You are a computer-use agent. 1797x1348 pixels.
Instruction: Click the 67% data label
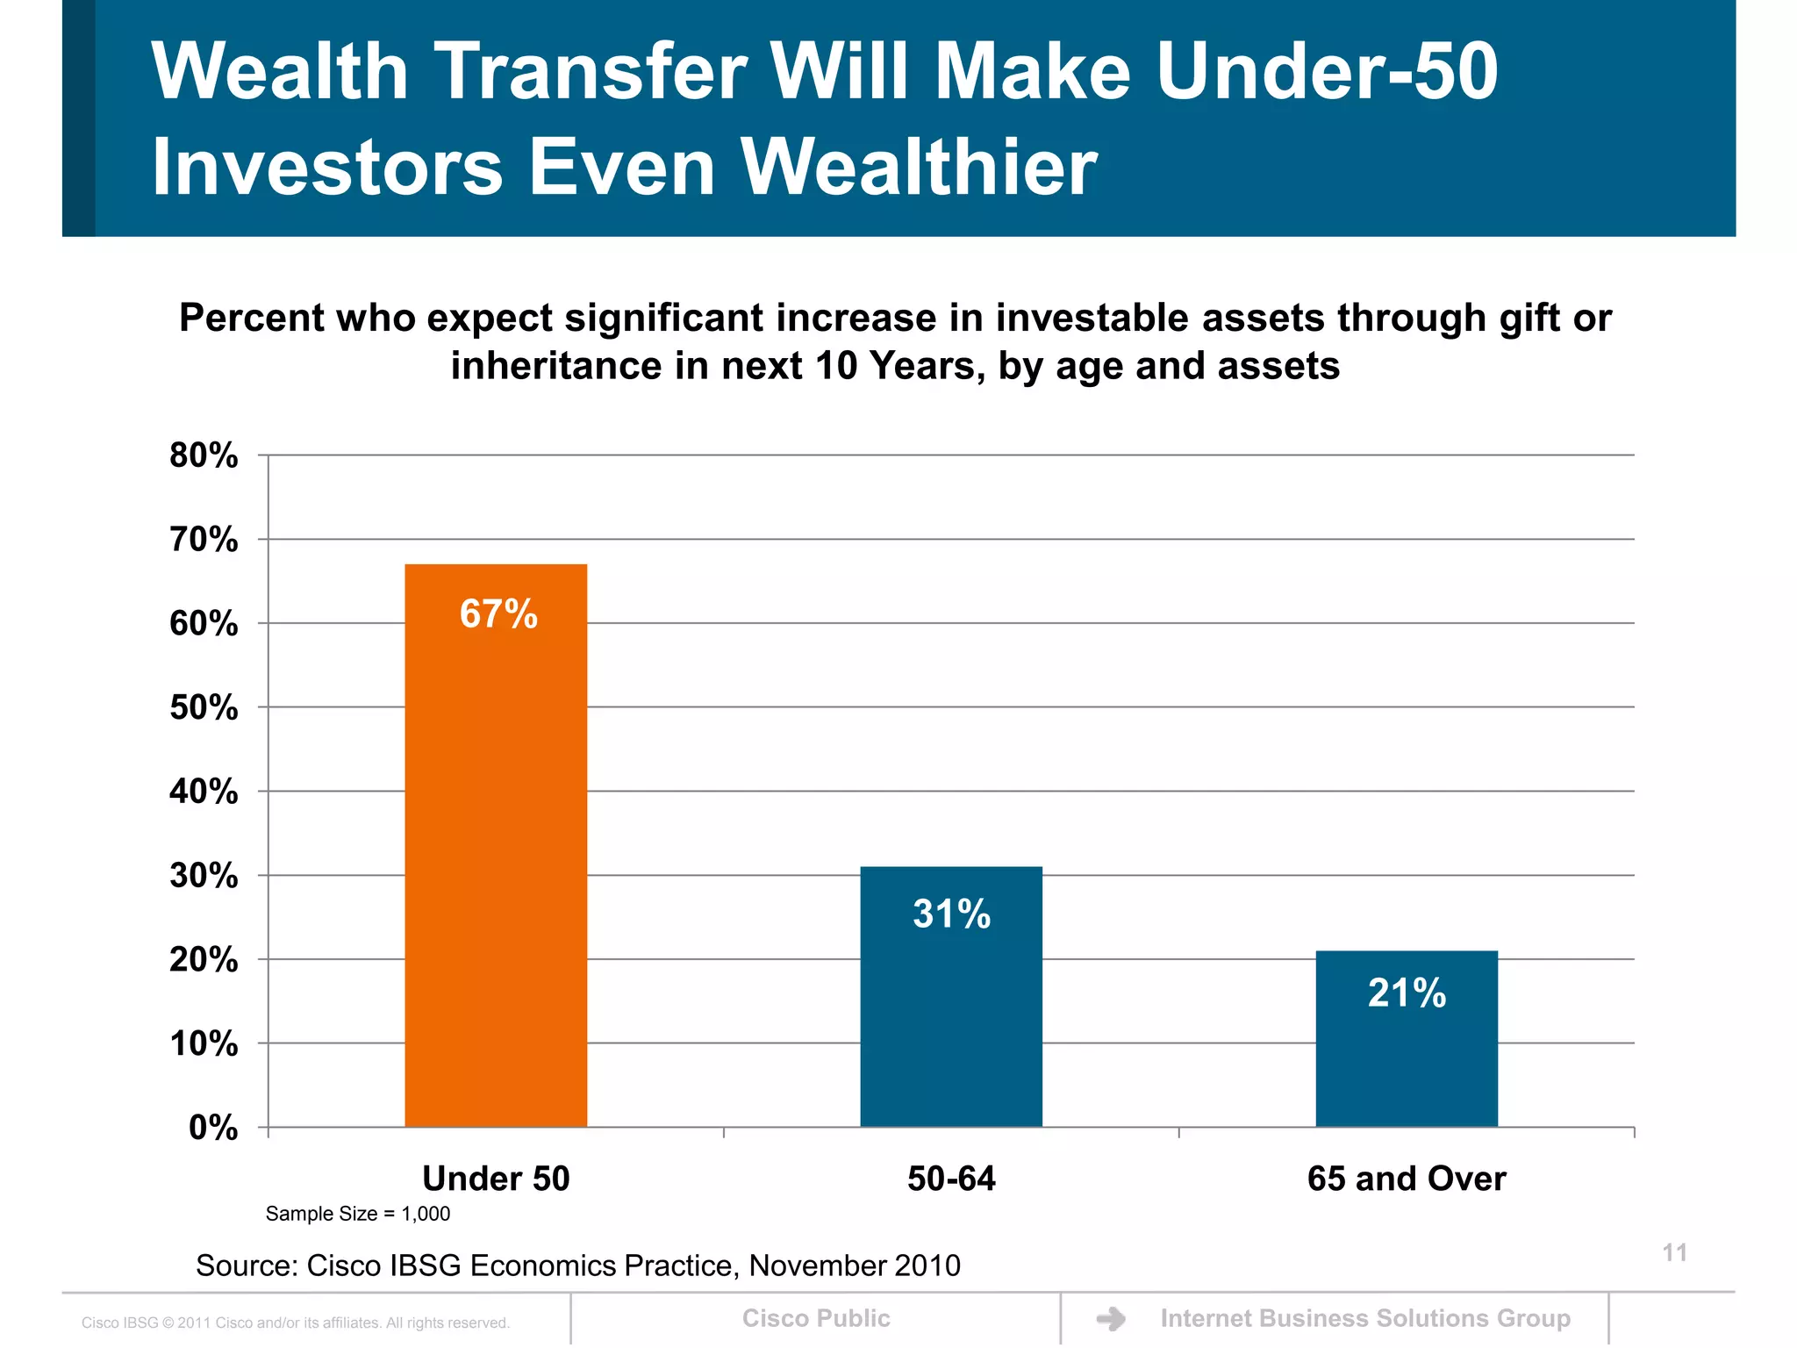point(498,613)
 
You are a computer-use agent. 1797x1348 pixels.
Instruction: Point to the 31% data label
point(952,914)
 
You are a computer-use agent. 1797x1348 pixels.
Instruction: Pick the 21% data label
point(1407,993)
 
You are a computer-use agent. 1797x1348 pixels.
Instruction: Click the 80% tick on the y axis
point(204,455)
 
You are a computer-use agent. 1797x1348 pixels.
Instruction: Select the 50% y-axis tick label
point(204,707)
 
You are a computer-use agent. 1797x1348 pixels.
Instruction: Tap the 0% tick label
point(213,1128)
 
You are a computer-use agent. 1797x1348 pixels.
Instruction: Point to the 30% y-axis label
point(204,876)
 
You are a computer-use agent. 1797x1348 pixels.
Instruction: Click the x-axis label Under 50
point(496,1179)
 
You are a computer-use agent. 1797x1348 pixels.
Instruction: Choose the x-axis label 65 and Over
point(1407,1179)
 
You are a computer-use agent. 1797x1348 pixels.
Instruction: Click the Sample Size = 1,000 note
point(358,1214)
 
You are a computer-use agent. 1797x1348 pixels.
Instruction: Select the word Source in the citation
point(246,1266)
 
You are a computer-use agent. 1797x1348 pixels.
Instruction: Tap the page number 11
point(1674,1252)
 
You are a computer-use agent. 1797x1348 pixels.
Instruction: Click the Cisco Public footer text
point(816,1318)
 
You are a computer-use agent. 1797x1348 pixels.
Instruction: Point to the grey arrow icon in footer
point(1112,1319)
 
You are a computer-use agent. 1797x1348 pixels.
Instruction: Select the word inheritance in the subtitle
point(556,366)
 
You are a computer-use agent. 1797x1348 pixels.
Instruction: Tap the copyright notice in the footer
point(296,1323)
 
